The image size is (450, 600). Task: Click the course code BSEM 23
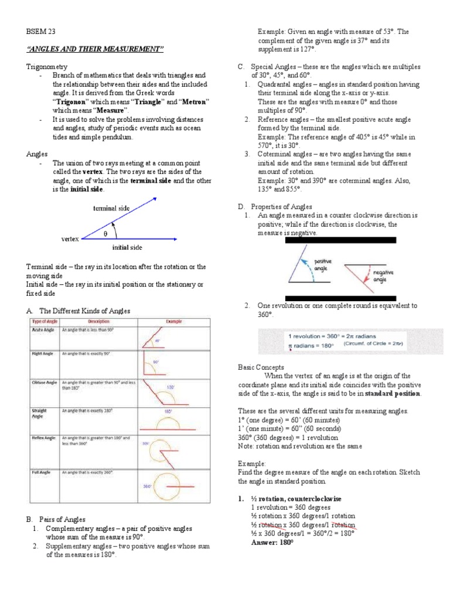(x=41, y=32)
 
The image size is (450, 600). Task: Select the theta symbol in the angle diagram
(x=105, y=233)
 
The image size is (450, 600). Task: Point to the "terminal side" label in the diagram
(x=111, y=208)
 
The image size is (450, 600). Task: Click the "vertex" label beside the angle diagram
(x=70, y=240)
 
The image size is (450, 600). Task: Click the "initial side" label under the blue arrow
(x=127, y=247)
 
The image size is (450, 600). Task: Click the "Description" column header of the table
(x=98, y=321)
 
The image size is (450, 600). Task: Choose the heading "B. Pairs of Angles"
(x=56, y=519)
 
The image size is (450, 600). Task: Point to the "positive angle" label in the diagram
(x=323, y=264)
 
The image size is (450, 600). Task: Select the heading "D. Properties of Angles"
(x=275, y=206)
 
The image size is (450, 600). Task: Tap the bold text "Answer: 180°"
(x=271, y=543)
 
